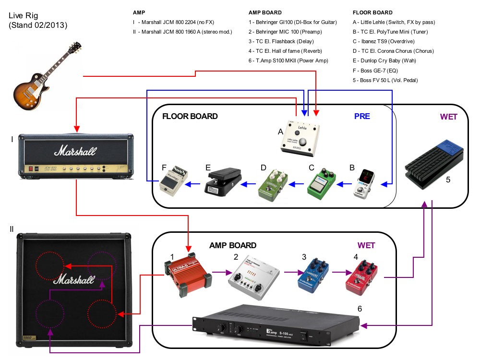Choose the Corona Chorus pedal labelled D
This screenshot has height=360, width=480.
(x=273, y=181)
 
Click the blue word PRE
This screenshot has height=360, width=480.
(x=362, y=116)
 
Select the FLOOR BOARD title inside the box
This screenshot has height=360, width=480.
(x=190, y=116)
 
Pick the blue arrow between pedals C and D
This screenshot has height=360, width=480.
(x=297, y=183)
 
